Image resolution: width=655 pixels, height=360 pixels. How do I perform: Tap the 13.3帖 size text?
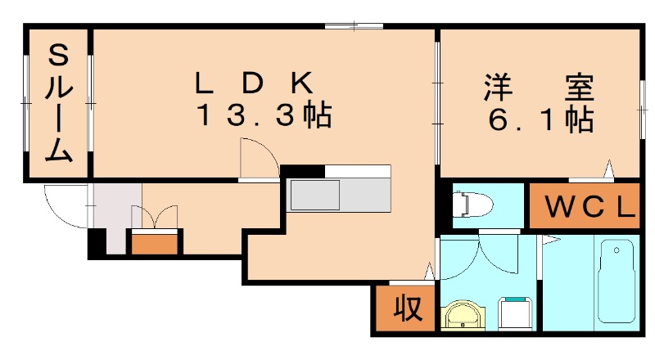pos(262,116)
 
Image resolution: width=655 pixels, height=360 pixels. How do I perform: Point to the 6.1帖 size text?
pos(540,120)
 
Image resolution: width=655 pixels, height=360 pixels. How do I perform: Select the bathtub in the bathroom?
pos(617,281)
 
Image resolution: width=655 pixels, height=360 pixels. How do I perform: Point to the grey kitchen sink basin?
pos(315,196)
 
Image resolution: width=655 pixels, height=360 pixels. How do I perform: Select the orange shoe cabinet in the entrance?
pos(155,242)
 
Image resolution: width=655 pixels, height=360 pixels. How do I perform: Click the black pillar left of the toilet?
pos(445,208)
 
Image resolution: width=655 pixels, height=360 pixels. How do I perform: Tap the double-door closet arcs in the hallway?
pos(154,216)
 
